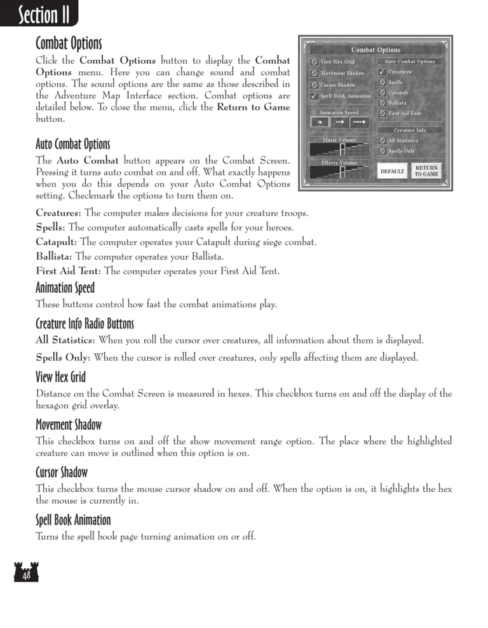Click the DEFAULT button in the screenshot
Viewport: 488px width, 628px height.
coord(392,171)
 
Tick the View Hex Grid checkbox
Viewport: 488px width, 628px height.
coord(315,62)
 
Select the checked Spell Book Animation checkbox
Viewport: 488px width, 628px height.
coord(315,96)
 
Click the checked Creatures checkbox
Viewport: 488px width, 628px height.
coord(382,72)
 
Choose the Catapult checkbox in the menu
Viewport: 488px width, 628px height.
coord(382,93)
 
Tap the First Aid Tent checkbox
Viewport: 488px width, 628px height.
coord(382,113)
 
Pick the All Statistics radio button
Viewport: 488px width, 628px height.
coord(382,141)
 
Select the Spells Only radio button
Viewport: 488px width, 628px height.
coord(382,151)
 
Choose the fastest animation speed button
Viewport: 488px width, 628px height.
coord(360,123)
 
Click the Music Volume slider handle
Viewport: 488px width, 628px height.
coord(342,150)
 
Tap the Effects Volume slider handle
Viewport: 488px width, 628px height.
coord(342,172)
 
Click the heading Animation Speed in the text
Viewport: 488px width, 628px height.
coord(65,288)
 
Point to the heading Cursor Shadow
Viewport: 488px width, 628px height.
coord(62,472)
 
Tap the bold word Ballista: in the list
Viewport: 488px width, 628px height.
coord(54,256)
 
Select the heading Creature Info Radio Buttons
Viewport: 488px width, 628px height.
coord(85,324)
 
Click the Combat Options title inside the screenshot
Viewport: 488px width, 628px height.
coord(376,50)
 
